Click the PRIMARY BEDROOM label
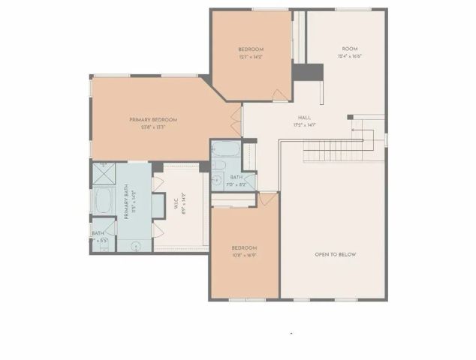click(152, 120)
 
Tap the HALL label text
click(304, 118)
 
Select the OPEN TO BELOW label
click(336, 254)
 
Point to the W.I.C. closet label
click(183, 205)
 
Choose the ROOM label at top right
click(351, 49)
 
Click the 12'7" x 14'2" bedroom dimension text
click(251, 57)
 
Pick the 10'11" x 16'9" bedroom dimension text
click(245, 255)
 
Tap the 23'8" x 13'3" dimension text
click(152, 127)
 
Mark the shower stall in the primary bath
click(102, 174)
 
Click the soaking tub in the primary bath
click(102, 202)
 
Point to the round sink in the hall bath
click(217, 179)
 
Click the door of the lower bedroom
click(267, 200)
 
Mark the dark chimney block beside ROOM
click(308, 72)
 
